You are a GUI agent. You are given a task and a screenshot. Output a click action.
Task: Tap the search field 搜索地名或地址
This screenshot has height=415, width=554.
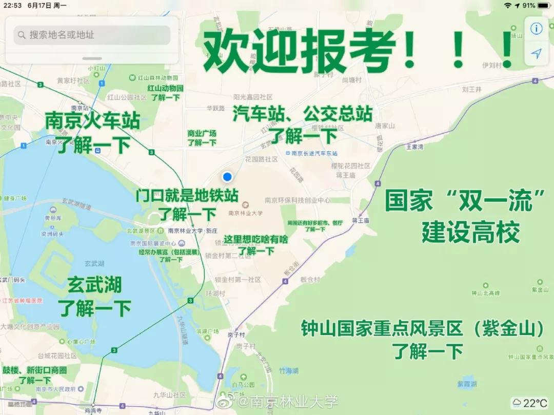[x=92, y=35]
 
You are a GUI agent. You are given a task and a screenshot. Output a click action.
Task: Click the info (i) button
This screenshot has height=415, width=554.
[x=537, y=29]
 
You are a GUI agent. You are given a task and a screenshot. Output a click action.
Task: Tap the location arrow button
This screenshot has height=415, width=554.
[x=537, y=54]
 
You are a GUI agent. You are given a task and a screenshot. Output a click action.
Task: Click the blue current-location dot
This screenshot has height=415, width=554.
[x=227, y=177]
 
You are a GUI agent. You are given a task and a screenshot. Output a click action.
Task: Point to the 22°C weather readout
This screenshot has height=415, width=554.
[x=530, y=403]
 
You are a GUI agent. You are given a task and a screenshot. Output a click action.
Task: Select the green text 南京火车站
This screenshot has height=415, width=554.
[x=92, y=121]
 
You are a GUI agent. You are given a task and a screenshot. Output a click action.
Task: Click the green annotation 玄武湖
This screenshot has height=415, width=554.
[x=94, y=285]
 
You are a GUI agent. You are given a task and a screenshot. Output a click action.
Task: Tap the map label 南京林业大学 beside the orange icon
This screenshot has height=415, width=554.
[x=246, y=213]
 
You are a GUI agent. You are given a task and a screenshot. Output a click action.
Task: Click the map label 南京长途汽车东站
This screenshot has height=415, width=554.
[x=314, y=153]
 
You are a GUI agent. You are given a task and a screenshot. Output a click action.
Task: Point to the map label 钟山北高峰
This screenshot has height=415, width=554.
[x=485, y=293]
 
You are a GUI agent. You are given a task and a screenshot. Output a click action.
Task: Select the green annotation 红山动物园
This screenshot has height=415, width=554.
[x=165, y=88]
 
